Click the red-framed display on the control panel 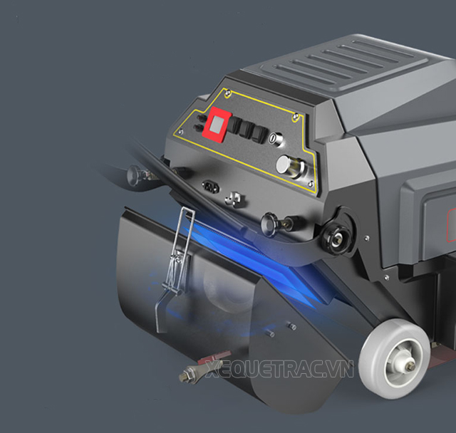217,125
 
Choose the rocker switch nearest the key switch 258,132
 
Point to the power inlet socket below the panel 210,187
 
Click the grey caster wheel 390,352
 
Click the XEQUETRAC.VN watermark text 279,369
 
